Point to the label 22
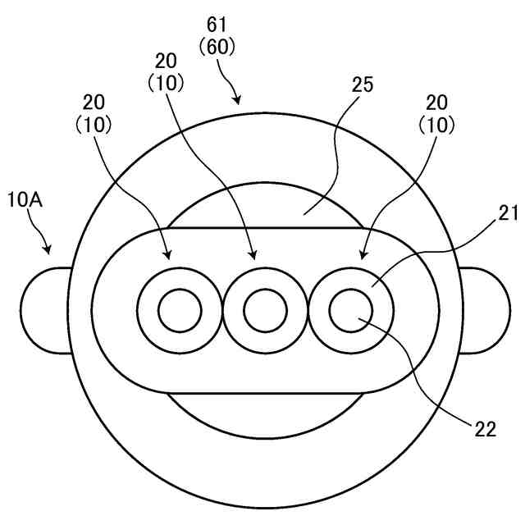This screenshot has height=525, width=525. pos(486,427)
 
